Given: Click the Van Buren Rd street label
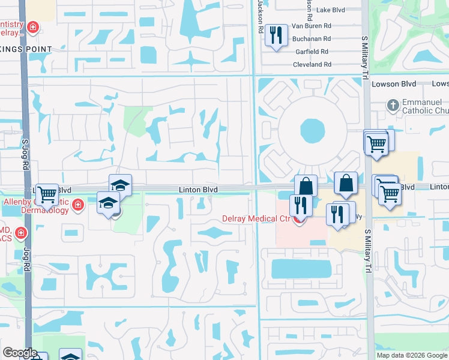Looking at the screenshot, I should click(312, 26).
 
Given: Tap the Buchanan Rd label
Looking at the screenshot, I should click(312, 39).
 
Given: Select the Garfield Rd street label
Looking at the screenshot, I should click(312, 52).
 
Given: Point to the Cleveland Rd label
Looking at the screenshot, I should click(312, 65).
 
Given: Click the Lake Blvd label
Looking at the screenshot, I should click(331, 10).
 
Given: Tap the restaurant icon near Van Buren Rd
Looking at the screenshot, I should click(276, 34).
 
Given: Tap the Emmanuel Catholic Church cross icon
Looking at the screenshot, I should click(393, 105).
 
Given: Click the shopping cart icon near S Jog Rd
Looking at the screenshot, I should click(47, 194).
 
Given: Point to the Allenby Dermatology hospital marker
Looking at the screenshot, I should click(77, 206).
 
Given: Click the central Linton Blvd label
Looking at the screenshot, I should click(197, 190).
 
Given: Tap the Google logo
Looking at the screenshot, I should click(20, 353).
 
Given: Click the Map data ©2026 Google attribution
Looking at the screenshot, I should click(412, 355).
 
